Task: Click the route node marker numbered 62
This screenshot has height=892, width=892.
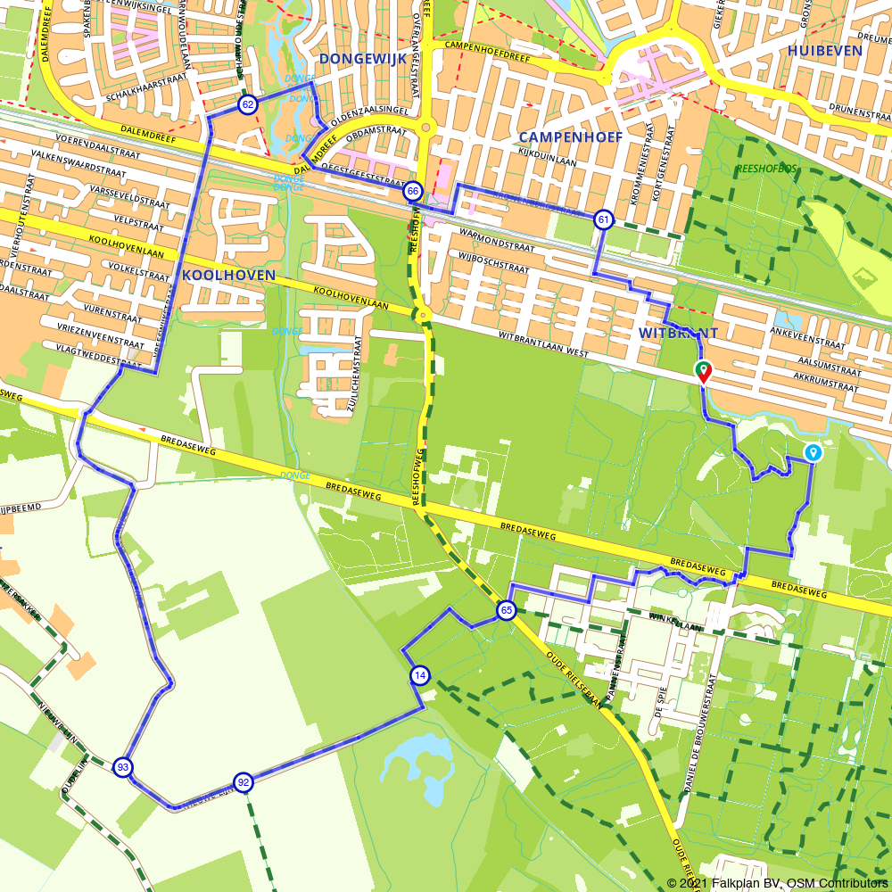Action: [248, 105]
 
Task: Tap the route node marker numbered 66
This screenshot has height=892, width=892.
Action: [413, 191]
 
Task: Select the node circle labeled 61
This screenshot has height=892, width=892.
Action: [604, 219]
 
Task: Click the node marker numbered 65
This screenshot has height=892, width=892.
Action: [507, 610]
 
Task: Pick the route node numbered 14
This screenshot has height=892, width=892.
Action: [420, 676]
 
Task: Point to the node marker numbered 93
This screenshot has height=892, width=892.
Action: [123, 767]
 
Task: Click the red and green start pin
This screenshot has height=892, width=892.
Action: [703, 371]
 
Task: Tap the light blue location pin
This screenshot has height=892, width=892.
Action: [813, 453]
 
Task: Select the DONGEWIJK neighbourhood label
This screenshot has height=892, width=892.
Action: [362, 59]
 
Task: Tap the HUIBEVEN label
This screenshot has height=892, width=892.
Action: [824, 51]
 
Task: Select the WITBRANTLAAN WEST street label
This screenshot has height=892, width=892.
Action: [544, 345]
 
